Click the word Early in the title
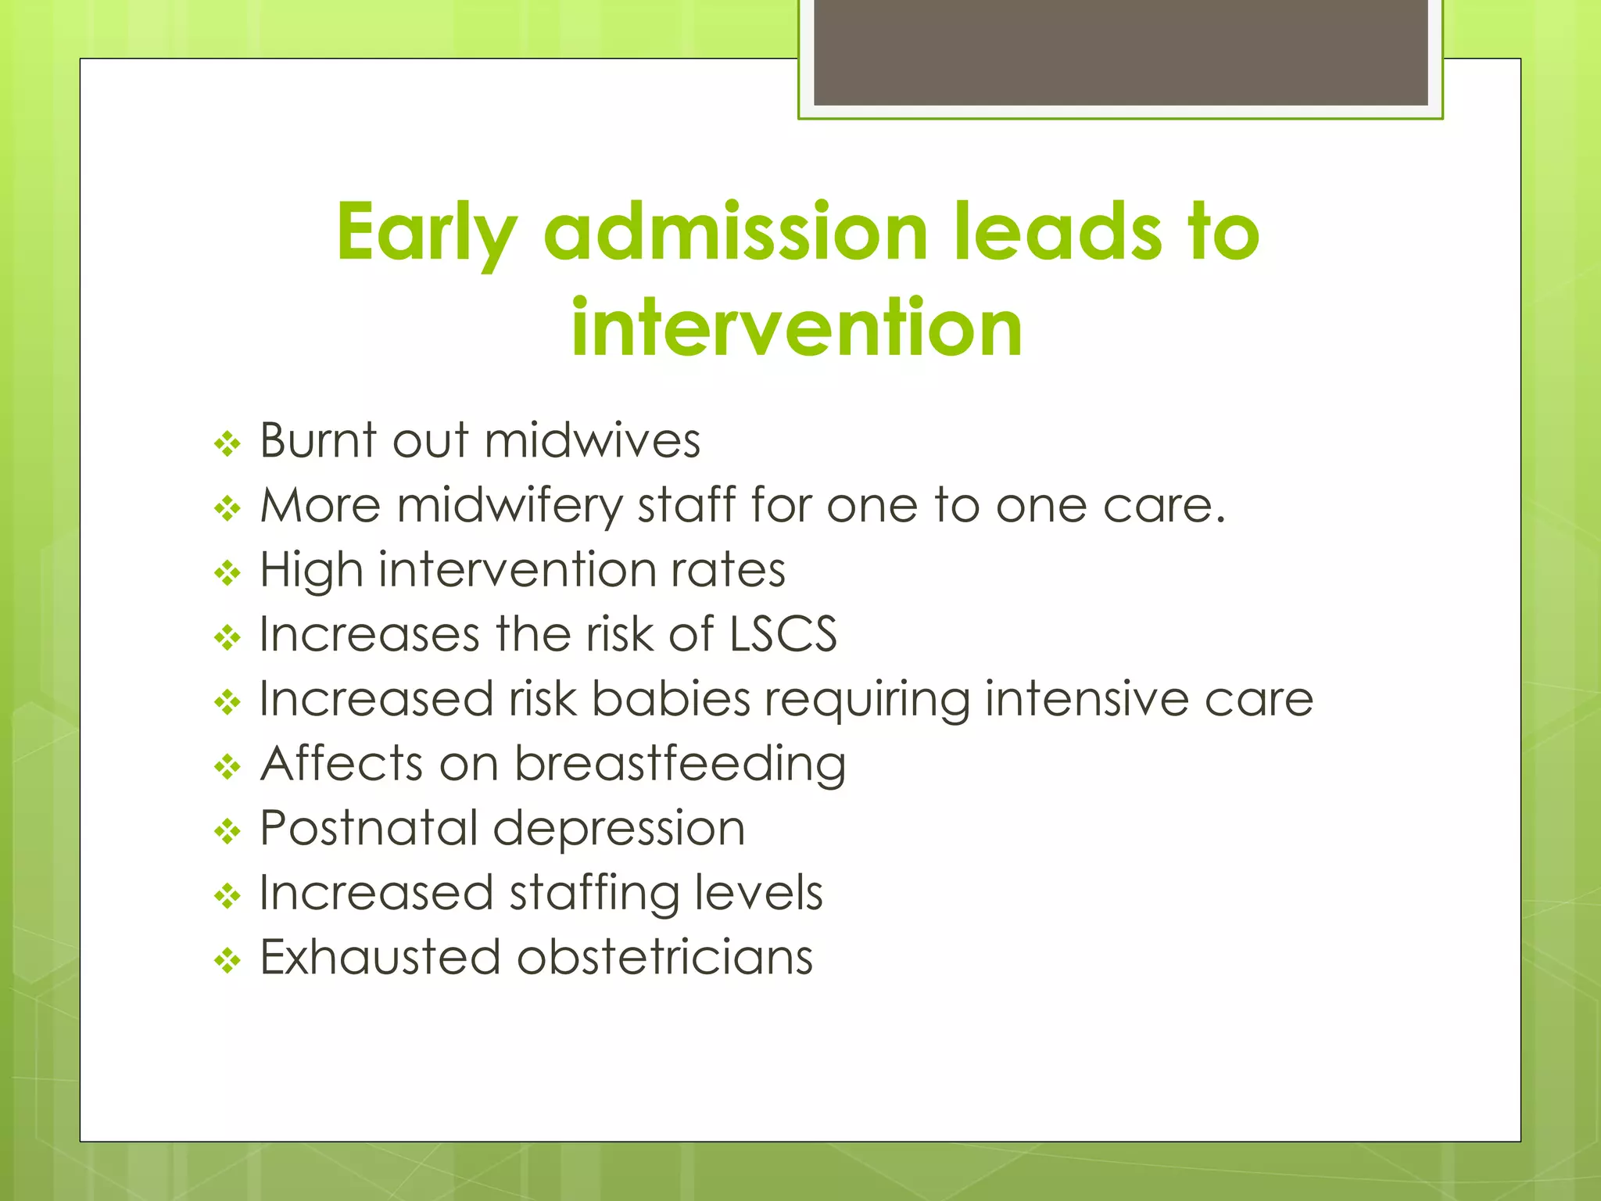426,233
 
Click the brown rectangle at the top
1120,53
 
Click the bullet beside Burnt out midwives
227,445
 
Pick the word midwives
592,440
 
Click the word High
311,569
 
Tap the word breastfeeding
679,764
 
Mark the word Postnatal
369,828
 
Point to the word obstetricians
664,957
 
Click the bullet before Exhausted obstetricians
227,961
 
